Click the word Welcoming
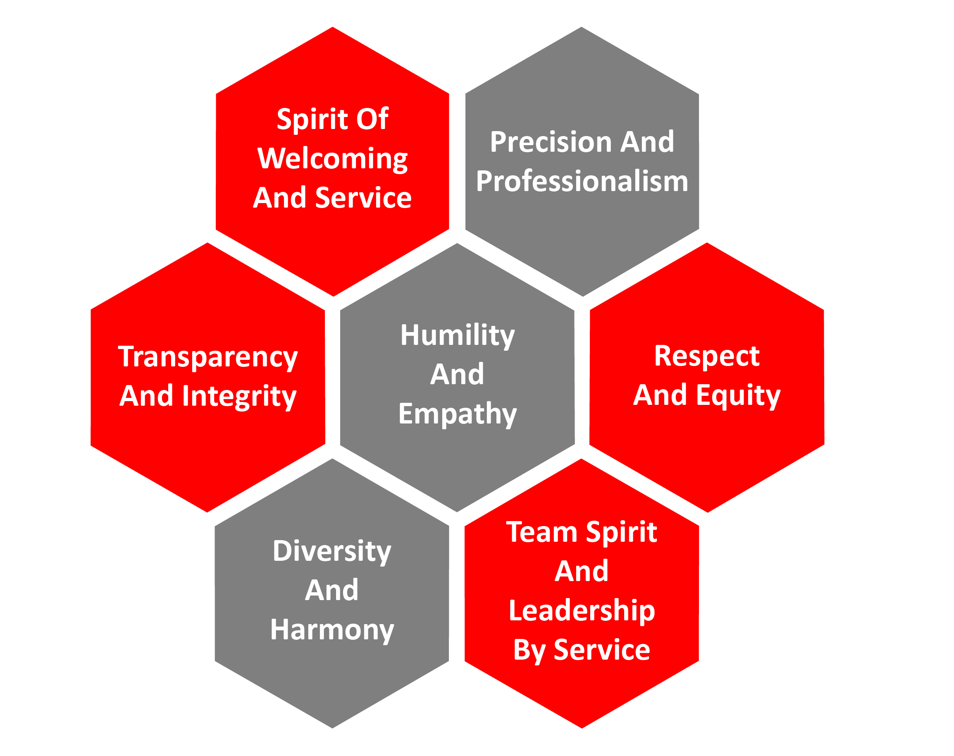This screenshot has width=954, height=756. [332, 158]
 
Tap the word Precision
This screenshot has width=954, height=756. [551, 143]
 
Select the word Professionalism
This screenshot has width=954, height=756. [582, 182]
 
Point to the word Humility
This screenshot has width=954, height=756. [457, 335]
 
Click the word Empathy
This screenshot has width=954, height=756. [457, 414]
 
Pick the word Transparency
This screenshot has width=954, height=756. [208, 357]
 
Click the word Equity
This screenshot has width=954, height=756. [738, 395]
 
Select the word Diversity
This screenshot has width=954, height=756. [332, 552]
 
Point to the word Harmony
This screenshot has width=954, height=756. [332, 629]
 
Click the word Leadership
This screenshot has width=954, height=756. [582, 611]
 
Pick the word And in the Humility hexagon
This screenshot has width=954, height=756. [457, 374]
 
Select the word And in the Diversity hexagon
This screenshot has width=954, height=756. [332, 591]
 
